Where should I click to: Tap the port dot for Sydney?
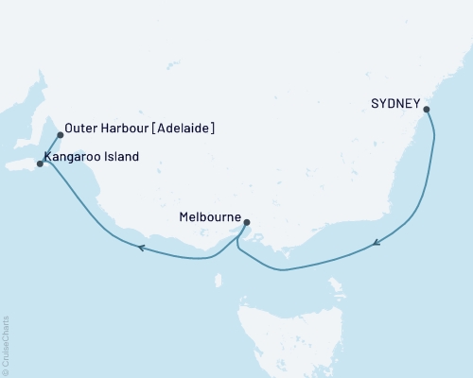tap(427, 110)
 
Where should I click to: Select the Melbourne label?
tap(209, 216)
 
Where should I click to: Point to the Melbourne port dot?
tap(247, 223)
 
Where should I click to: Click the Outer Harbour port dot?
tap(61, 134)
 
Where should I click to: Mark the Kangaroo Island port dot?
tap(39, 163)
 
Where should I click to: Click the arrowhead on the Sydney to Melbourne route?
tap(377, 243)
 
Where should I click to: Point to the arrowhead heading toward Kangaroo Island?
tap(141, 248)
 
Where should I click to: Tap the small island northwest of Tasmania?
tap(219, 280)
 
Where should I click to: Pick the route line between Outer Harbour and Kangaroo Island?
tap(49, 148)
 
